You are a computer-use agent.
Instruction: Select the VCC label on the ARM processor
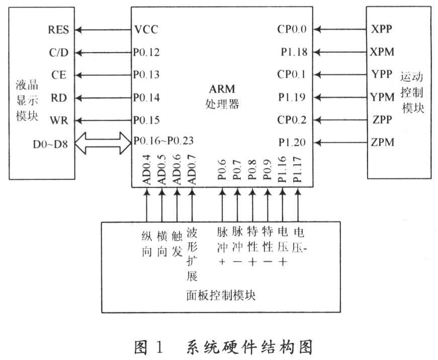coord(146,29)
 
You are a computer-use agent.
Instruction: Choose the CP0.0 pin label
coord(292,29)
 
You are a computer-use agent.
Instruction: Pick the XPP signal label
coord(382,29)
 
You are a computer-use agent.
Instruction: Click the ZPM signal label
coord(382,142)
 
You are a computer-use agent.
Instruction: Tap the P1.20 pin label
coord(293,142)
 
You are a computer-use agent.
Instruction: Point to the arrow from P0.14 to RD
coord(105,97)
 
